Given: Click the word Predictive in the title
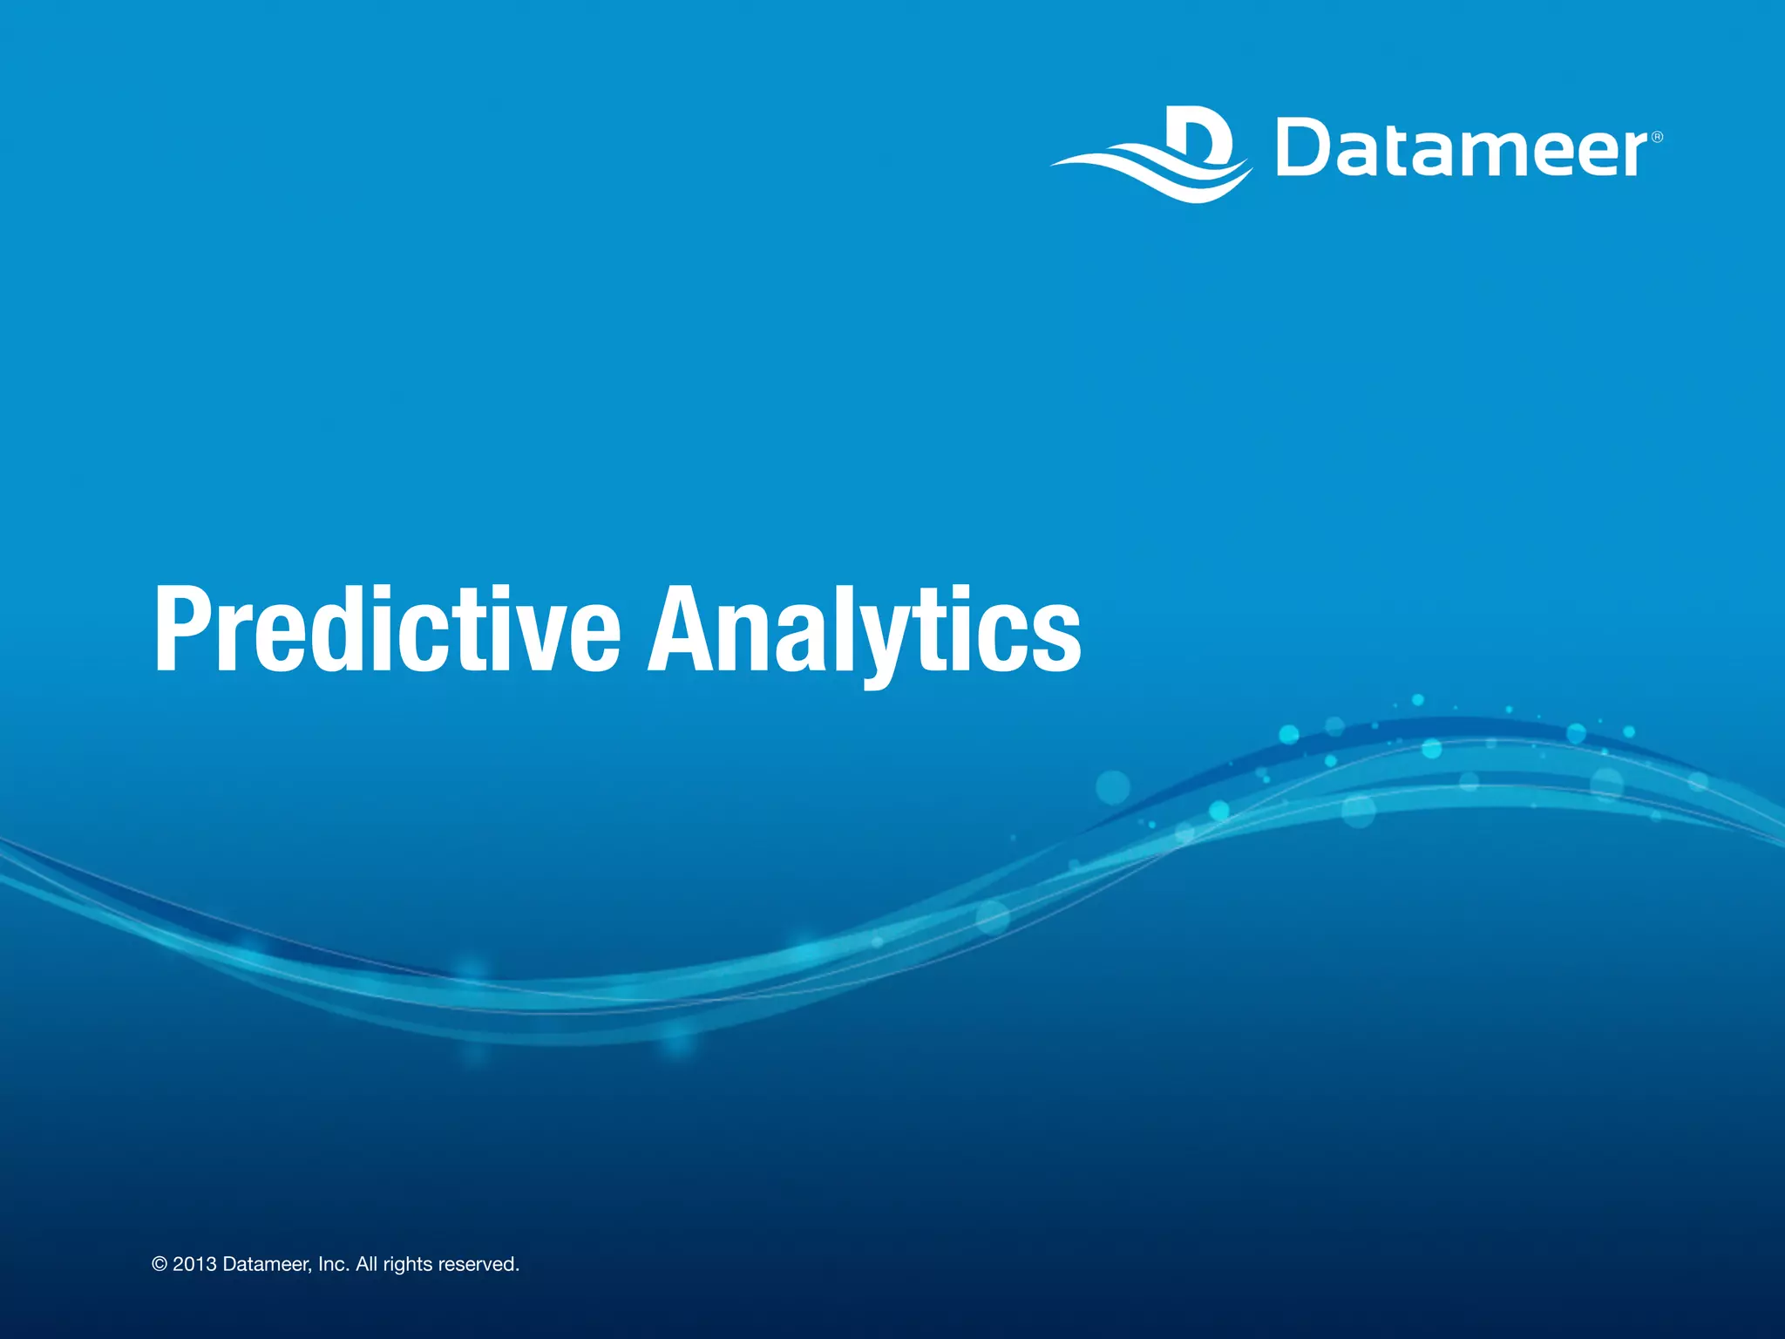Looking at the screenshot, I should tap(387, 629).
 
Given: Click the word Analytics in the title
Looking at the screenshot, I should tap(863, 629).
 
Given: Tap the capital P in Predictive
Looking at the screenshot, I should tap(183, 629).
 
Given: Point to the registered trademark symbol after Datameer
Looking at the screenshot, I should tap(1657, 137).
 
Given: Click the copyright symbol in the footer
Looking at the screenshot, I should tap(159, 1265).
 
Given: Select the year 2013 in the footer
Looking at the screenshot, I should tap(194, 1265).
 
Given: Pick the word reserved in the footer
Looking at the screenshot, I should tap(478, 1265).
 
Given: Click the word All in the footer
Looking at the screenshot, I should tap(366, 1265).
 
